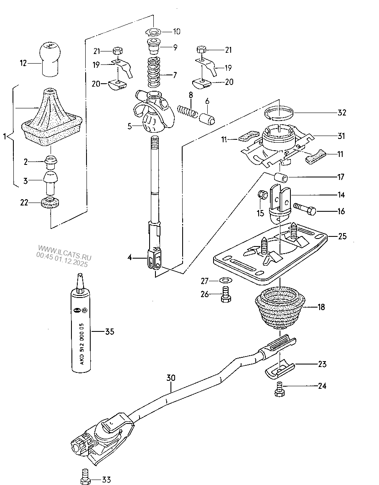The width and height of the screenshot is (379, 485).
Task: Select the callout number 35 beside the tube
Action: tap(109, 332)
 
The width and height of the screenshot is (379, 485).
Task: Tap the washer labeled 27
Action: tap(225, 280)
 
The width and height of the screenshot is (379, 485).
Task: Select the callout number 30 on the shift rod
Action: tap(170, 378)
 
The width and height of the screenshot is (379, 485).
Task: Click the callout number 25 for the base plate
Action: tap(342, 236)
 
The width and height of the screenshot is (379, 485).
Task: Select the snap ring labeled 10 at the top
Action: tap(153, 31)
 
